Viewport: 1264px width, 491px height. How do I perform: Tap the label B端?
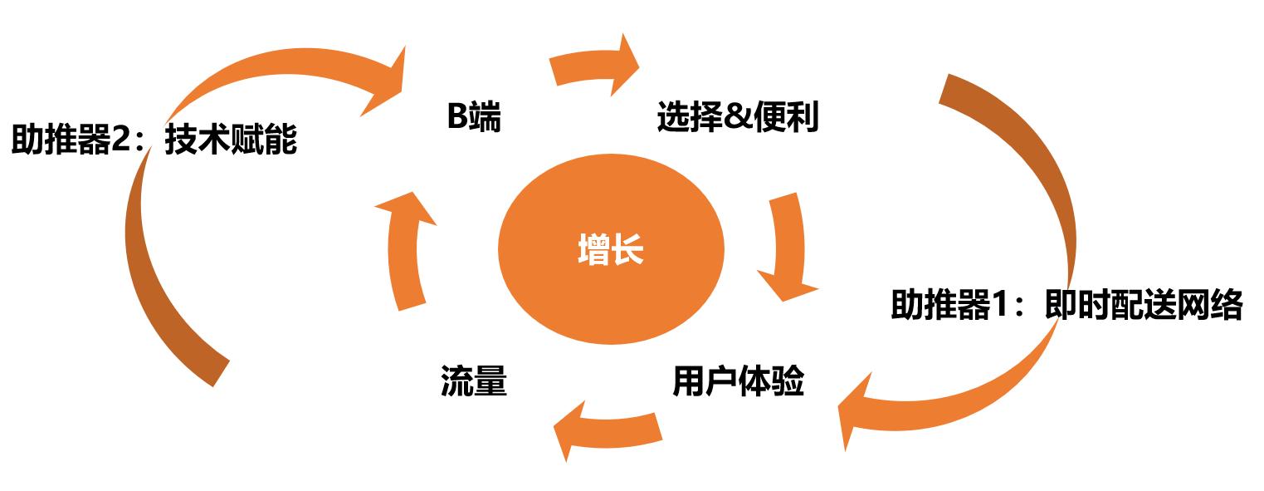click(474, 118)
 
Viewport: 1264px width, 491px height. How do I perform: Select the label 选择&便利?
click(737, 118)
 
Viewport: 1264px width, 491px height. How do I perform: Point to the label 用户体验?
click(738, 382)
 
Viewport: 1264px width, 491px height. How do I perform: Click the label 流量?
click(473, 382)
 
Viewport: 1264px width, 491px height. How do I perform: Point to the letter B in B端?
click(457, 118)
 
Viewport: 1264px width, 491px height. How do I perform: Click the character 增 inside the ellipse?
click(593, 250)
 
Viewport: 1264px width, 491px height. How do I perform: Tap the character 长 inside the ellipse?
click(627, 250)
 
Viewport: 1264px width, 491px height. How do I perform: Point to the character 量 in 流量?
click(490, 382)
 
